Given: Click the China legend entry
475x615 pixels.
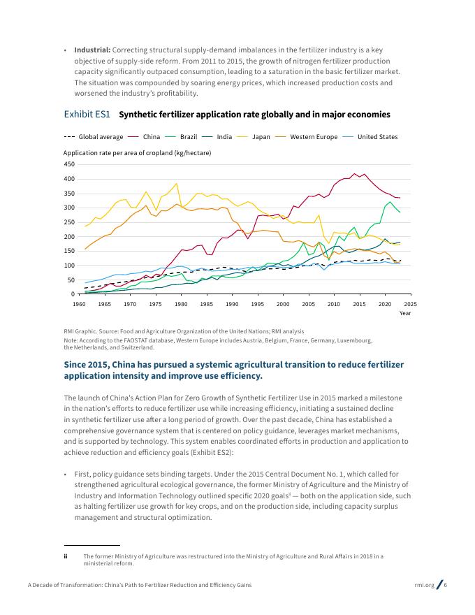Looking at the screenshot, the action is click(x=144, y=137).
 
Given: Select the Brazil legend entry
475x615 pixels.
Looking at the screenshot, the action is click(x=181, y=137).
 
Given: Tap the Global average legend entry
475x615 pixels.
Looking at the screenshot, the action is click(x=94, y=137).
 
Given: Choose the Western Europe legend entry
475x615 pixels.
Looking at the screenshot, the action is click(x=307, y=137).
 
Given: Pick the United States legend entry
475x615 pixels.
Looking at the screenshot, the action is click(x=370, y=137).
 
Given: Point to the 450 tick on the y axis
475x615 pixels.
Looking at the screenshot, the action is click(x=69, y=164).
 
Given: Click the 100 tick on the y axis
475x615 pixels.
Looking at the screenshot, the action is click(x=69, y=266).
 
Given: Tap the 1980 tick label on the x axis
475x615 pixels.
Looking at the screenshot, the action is click(x=181, y=304).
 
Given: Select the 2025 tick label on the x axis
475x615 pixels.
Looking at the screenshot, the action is click(x=410, y=304).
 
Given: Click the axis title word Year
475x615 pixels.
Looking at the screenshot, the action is click(x=405, y=313).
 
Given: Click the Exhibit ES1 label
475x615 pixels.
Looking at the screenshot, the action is click(x=87, y=115).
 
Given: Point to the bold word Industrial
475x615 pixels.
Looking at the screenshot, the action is click(x=92, y=50).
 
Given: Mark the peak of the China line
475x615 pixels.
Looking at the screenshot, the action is click(x=354, y=173).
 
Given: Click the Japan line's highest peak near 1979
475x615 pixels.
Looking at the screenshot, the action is click(x=177, y=183).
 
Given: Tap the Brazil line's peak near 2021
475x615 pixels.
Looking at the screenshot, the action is click(x=390, y=202).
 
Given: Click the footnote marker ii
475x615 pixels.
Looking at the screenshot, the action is click(x=66, y=556).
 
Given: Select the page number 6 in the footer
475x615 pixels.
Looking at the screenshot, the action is click(x=445, y=585).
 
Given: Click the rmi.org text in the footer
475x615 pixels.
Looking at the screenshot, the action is click(x=425, y=585).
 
